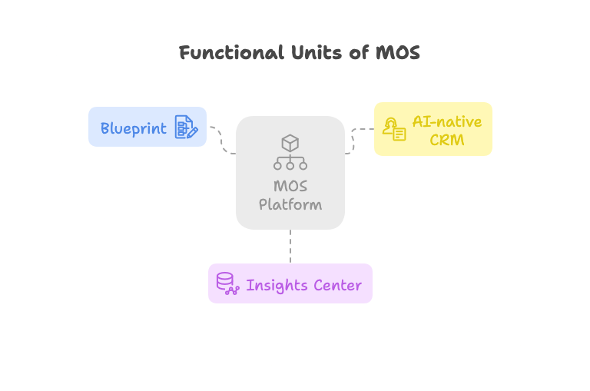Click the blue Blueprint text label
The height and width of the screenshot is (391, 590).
[134, 128]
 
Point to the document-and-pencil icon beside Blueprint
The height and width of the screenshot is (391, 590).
[186, 128]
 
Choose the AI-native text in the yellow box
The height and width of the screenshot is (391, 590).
[447, 121]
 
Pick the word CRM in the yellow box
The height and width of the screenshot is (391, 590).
[447, 140]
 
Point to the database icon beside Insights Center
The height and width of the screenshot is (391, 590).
[227, 283]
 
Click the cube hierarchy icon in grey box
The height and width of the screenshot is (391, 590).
[290, 152]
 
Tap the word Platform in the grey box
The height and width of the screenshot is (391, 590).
[290, 204]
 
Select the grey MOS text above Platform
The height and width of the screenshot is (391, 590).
[290, 186]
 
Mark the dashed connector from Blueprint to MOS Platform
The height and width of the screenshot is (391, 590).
[221, 140]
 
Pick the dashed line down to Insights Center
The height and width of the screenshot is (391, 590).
[290, 246]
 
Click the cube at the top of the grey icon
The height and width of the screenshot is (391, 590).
[290, 142]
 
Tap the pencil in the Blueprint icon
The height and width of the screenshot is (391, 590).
[191, 132]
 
